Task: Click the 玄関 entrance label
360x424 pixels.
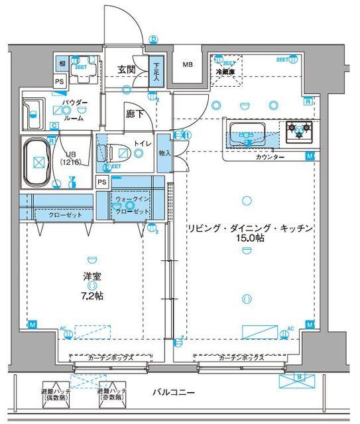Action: pos(127,69)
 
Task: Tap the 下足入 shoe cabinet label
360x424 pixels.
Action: pos(156,72)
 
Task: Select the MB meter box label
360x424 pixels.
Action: pos(188,65)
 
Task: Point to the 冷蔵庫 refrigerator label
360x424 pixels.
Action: pos(226,71)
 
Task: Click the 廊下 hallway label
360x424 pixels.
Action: pos(134,113)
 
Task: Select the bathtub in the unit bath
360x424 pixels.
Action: pos(38,162)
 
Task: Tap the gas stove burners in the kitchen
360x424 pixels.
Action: pos(300,132)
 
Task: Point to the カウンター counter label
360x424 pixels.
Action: pos(269,157)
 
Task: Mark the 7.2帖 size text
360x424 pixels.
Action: pos(91,295)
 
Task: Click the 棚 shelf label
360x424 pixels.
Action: pos(61,63)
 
